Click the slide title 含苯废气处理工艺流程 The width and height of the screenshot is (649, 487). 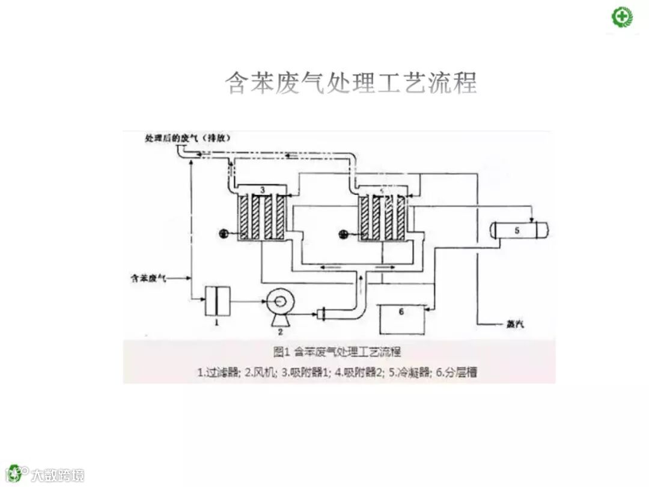pyautogui.click(x=351, y=83)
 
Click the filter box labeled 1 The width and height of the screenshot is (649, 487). pyautogui.click(x=215, y=301)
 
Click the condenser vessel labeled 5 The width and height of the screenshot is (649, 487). pyautogui.click(x=520, y=229)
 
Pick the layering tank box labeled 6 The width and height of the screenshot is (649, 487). pyautogui.click(x=401, y=319)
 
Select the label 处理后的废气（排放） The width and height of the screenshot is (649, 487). pyautogui.click(x=188, y=138)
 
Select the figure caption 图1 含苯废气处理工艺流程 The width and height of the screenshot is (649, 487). pyautogui.click(x=337, y=351)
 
